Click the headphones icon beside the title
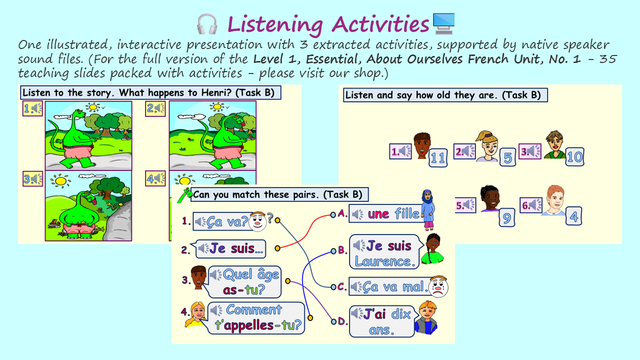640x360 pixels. coord(207,24)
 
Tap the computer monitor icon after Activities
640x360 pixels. coord(443,23)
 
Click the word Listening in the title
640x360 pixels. coord(275,24)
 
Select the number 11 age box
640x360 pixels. coord(438,157)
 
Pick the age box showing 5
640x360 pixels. coord(507,157)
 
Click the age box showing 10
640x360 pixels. coord(574,156)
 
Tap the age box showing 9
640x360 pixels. coord(507,217)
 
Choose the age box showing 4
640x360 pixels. coord(573,216)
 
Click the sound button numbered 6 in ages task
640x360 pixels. coord(531,205)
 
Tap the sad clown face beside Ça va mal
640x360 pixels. coord(438,286)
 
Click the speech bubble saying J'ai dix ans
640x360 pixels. coord(383,321)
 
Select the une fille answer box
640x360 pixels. coord(387,213)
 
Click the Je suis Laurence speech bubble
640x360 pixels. coord(385,252)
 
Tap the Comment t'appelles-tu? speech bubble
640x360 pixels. coord(255,317)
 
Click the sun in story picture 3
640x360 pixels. coord(60,181)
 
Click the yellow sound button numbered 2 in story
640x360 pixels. coord(155,108)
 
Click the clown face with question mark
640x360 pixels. coord(258,221)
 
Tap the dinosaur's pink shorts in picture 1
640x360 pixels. coord(78,151)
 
